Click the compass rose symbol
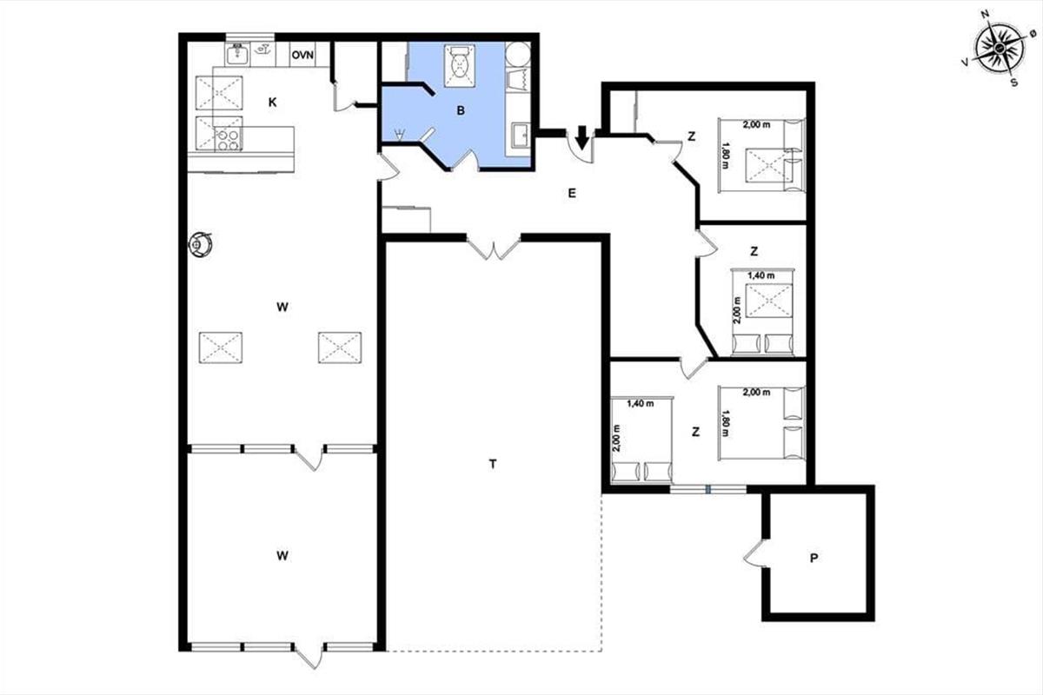point(1000,48)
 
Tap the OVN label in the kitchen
point(302,55)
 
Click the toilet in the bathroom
point(460,66)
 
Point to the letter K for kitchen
point(273,103)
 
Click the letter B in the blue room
point(461,110)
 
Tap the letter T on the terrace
point(493,464)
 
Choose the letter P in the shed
point(814,558)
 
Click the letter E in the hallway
point(572,193)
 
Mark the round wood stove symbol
point(201,243)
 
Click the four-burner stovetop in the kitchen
point(228,139)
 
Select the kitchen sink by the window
point(238,54)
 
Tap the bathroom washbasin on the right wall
point(521,135)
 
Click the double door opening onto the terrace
point(493,247)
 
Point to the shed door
point(754,554)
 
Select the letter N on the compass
point(985,14)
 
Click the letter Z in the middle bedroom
point(754,251)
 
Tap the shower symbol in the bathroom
point(399,135)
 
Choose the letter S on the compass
point(1013,83)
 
